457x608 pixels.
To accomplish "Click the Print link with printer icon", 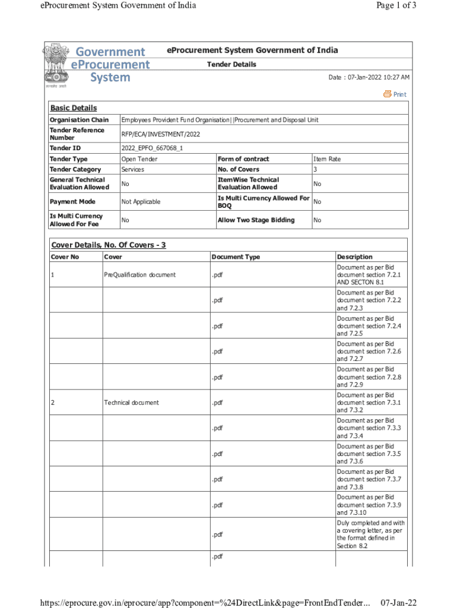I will click(x=395, y=94).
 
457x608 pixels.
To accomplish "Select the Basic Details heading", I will click(x=73, y=108).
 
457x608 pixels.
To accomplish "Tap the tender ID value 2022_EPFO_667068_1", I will click(x=151, y=148).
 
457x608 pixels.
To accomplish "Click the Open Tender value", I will click(x=139, y=159).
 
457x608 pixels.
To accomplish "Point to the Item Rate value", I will click(x=326, y=159).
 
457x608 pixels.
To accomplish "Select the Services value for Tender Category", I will click(x=132, y=169).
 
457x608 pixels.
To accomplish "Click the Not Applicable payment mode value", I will click(x=141, y=202).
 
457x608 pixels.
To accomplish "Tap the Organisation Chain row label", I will click(x=79, y=120).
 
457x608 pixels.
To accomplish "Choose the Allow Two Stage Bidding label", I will click(x=256, y=220).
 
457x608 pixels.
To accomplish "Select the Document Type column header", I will click(x=236, y=257).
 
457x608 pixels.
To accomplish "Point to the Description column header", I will click(x=354, y=257).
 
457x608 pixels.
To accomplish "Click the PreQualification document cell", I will click(x=139, y=275).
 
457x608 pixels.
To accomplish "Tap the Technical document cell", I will click(x=131, y=403).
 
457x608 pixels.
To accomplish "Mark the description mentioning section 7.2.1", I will click(x=369, y=275).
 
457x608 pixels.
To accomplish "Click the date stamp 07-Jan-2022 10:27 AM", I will click(x=369, y=78).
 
